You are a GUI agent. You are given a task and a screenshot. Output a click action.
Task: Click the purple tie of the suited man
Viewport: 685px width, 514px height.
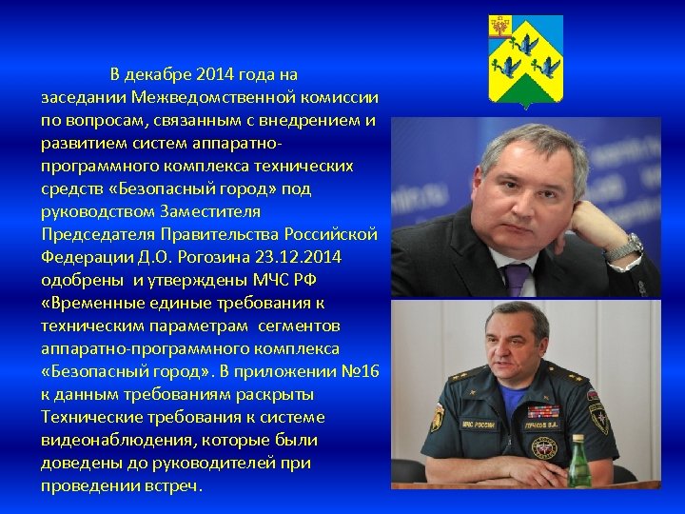click(x=517, y=279)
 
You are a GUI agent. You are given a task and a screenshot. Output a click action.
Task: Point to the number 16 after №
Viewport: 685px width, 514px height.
click(x=370, y=371)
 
